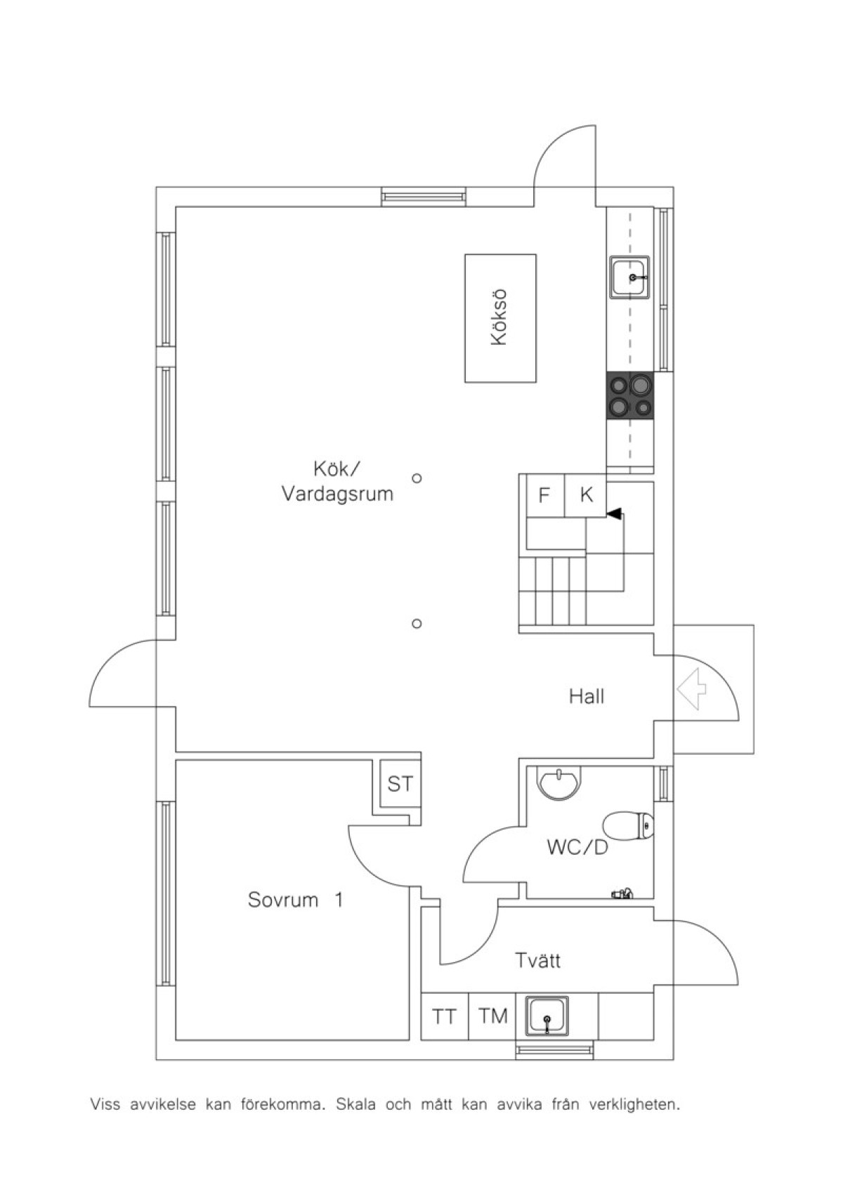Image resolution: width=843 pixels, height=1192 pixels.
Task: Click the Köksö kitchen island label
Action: (499, 317)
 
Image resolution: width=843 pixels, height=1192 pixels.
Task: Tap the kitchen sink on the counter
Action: (630, 276)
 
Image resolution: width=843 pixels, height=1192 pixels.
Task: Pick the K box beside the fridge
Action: (586, 495)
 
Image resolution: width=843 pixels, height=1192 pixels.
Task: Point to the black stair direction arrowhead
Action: (613, 513)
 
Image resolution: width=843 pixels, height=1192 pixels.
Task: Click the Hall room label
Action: (587, 697)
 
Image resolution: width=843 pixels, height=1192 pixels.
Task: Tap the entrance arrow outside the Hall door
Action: (691, 689)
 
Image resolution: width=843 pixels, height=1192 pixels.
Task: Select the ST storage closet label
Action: (400, 784)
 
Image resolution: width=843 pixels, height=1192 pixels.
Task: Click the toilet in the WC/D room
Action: (629, 825)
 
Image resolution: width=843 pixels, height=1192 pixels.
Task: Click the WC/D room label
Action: (577, 848)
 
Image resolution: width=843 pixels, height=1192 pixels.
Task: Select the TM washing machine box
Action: (492, 1016)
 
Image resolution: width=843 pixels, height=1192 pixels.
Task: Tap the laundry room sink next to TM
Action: (548, 1016)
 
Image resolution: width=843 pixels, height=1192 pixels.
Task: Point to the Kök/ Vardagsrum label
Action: (337, 482)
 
